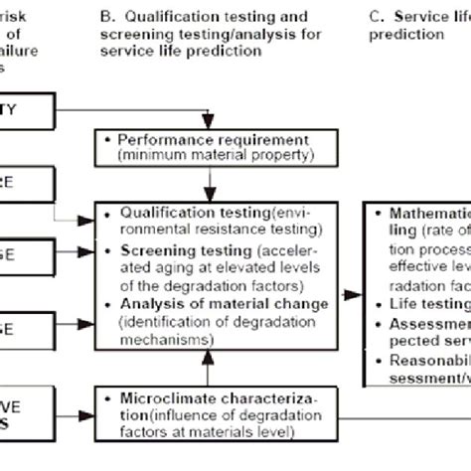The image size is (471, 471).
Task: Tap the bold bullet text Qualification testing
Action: click(x=189, y=213)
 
